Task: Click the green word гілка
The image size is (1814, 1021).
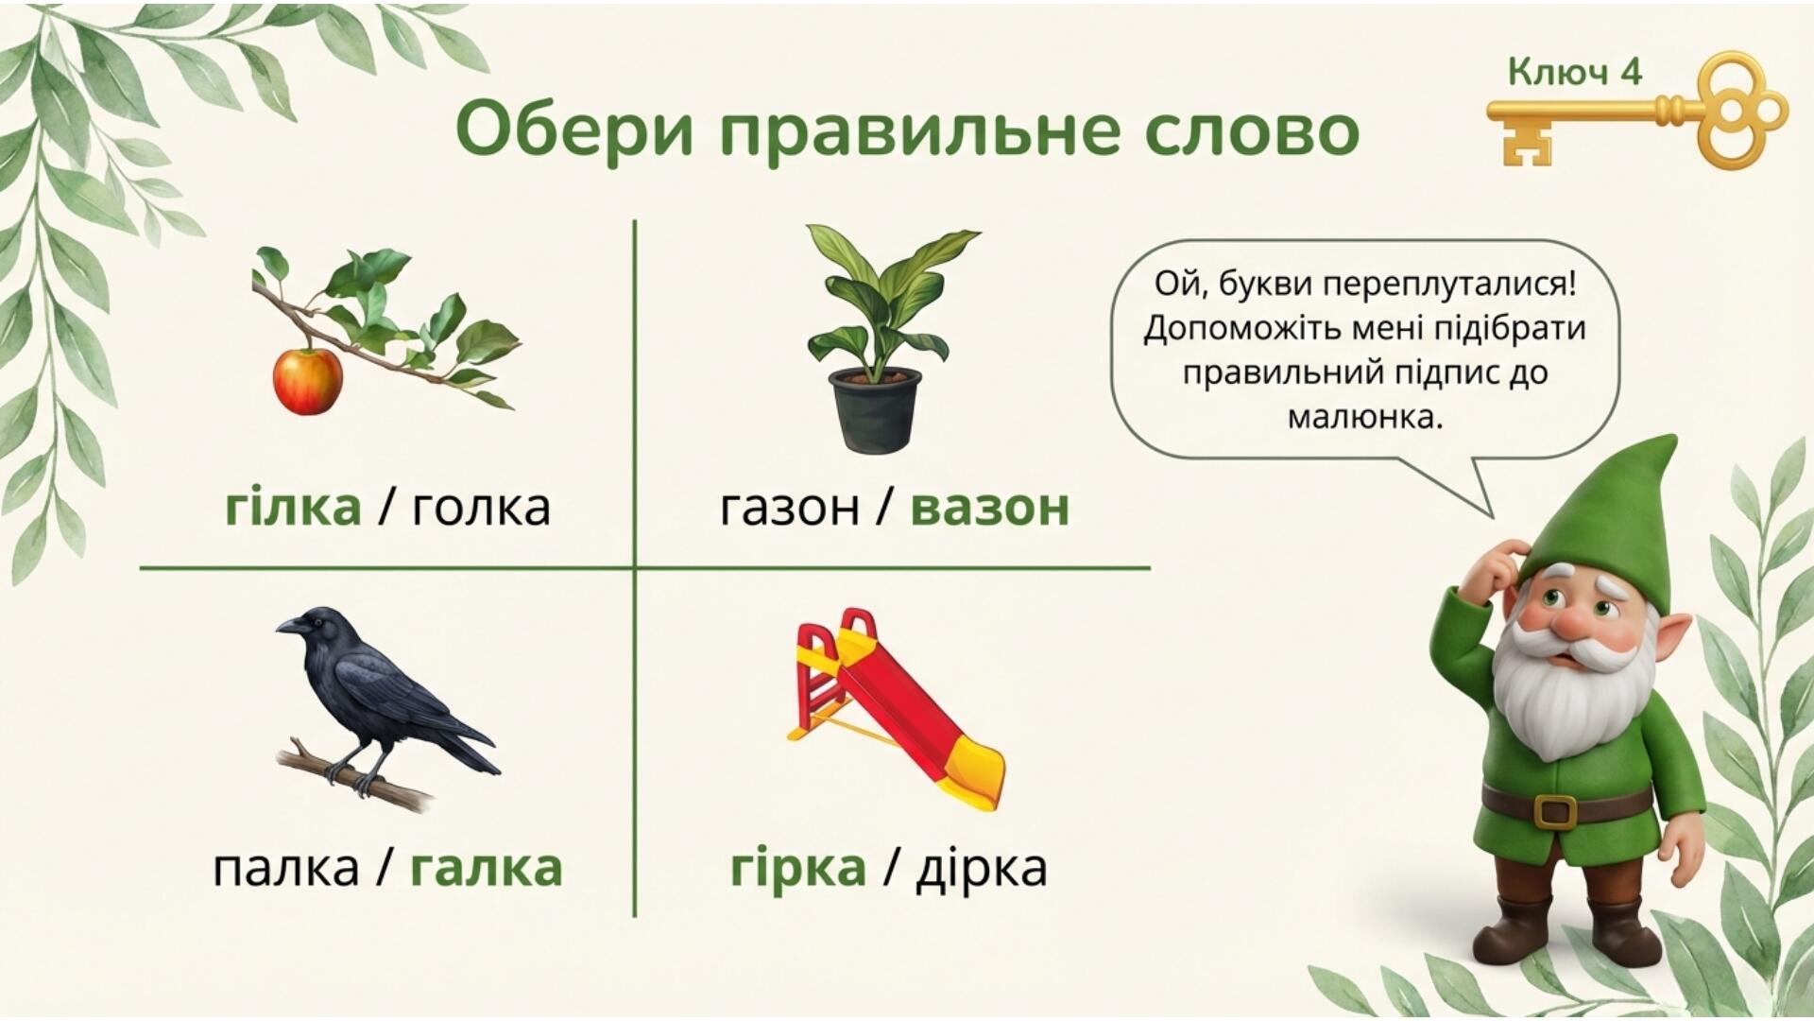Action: point(293,507)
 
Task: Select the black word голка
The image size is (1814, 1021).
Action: point(482,508)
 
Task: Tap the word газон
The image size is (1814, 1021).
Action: point(790,508)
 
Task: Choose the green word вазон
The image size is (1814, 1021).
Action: point(990,508)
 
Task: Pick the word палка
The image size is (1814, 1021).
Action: point(285,868)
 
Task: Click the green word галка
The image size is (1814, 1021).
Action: point(486,868)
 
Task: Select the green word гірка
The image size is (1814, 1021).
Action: point(798,868)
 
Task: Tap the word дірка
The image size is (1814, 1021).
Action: point(982,868)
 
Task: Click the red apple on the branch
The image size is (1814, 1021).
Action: point(307,380)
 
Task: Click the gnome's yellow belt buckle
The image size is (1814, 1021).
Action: point(1555,811)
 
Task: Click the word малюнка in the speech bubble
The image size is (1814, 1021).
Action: point(1366,417)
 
